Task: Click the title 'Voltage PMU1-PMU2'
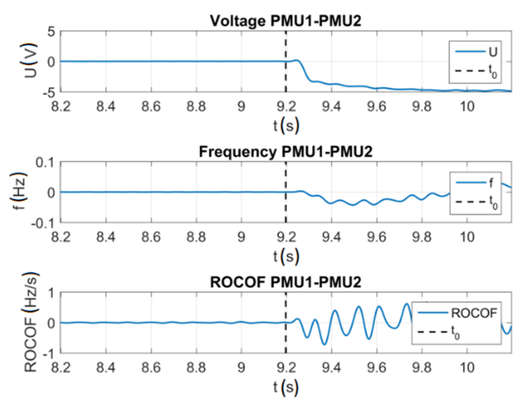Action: [x=285, y=21]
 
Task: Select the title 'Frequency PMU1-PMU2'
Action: [x=285, y=152]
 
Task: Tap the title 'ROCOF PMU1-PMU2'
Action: [x=285, y=282]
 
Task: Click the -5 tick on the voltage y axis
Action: [x=48, y=92]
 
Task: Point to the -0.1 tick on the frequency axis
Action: [x=42, y=223]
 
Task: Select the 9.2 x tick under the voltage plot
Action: [x=286, y=107]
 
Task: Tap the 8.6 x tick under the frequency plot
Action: [x=151, y=237]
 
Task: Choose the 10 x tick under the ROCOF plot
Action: [x=467, y=367]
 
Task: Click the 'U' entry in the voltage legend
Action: [x=493, y=52]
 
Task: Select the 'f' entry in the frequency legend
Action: [x=491, y=183]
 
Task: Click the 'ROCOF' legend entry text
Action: [x=474, y=313]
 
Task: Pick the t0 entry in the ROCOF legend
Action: [x=455, y=332]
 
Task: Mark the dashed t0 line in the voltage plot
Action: [x=286, y=77]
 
